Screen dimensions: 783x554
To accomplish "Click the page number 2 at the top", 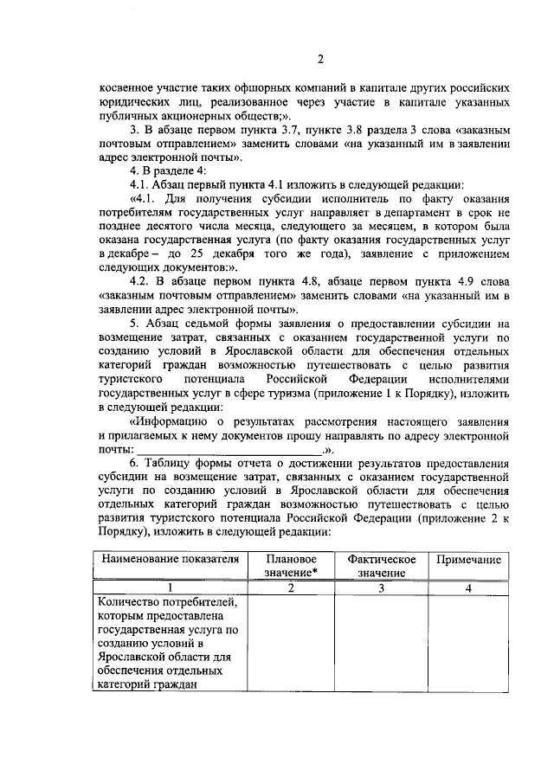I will point(319,60).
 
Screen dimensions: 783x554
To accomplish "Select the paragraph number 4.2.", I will point(139,282).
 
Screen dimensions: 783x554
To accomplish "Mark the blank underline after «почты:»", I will point(229,450).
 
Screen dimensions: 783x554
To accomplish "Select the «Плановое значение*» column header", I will point(291,566).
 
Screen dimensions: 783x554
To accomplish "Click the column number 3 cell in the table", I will point(381,587).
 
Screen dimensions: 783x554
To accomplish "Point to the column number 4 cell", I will point(467,587).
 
